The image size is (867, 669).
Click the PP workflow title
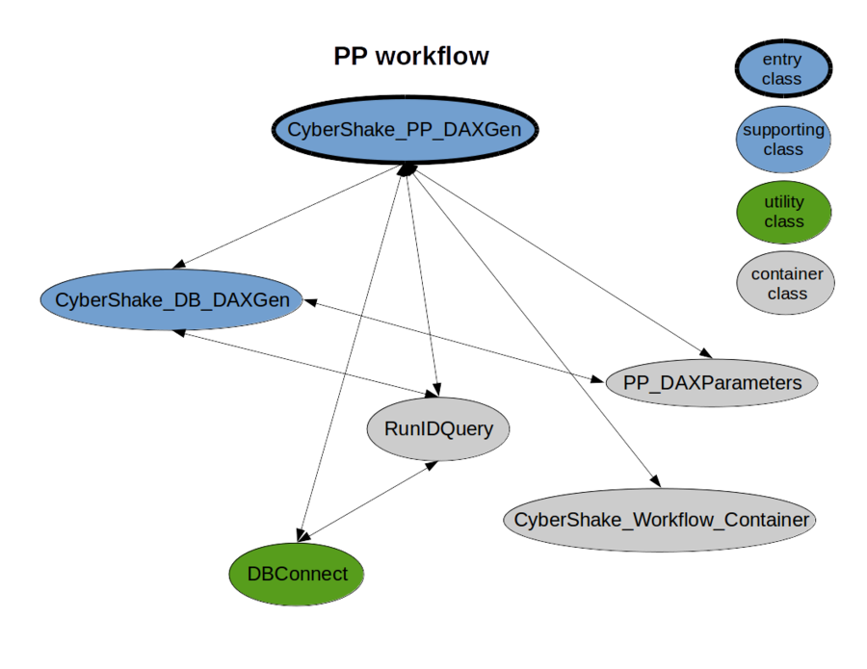pos(412,56)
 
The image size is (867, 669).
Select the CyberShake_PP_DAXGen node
pos(405,129)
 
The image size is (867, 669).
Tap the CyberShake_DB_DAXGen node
pos(171,299)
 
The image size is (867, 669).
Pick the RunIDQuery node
pos(438,427)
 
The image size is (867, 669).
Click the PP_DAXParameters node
pos(712,382)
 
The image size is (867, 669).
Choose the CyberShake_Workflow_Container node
pos(661,520)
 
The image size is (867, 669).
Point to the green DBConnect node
pos(297,574)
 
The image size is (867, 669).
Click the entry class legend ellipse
pos(781,69)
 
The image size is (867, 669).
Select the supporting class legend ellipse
pos(783,140)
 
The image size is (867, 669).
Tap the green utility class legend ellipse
pos(783,212)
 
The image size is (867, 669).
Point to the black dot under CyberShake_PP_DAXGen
pos(406,168)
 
